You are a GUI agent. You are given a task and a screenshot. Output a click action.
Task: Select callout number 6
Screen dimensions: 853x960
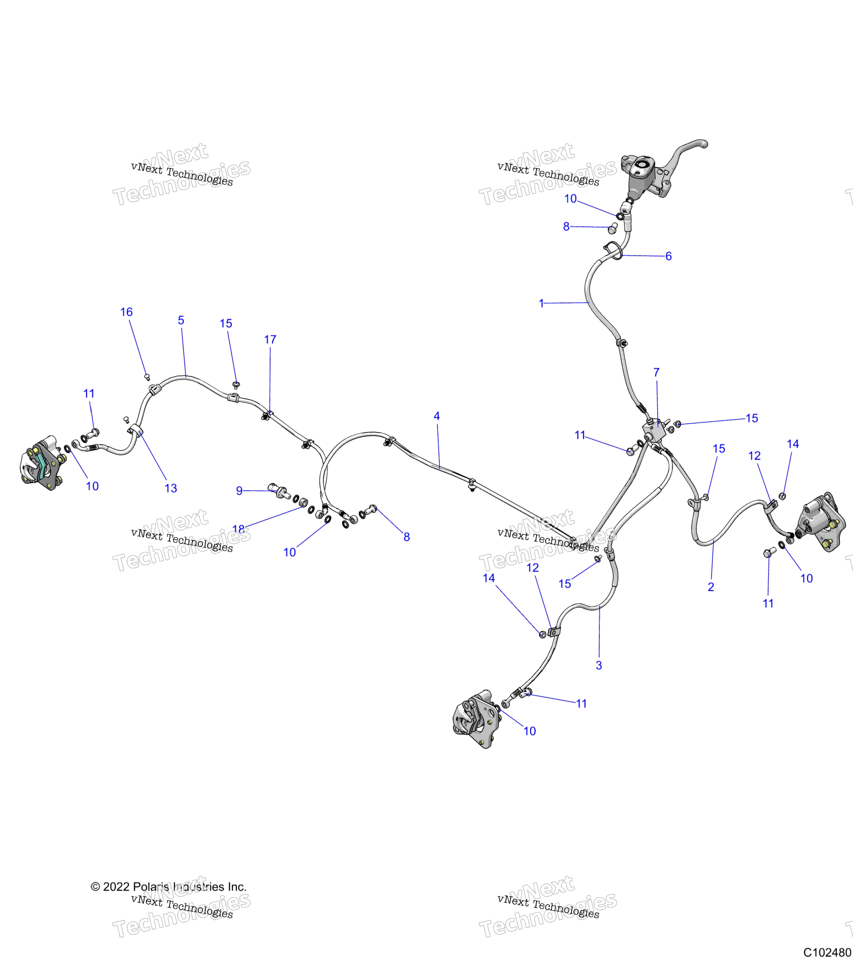[669, 256]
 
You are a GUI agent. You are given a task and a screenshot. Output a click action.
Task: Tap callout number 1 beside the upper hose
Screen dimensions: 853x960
[541, 303]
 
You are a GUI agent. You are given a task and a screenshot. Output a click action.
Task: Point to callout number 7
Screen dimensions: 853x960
[656, 372]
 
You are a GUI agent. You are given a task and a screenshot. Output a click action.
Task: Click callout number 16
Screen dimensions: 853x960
[126, 312]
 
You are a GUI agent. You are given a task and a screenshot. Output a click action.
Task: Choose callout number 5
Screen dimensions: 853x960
[181, 320]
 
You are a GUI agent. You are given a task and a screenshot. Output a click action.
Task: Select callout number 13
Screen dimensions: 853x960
[171, 488]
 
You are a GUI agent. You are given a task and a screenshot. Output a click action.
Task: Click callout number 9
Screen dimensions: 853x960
[239, 491]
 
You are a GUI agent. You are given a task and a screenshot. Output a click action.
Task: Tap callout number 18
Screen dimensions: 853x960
[238, 529]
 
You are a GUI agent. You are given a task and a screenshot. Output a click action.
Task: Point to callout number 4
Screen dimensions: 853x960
[436, 416]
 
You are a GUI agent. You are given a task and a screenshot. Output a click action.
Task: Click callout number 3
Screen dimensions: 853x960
[599, 665]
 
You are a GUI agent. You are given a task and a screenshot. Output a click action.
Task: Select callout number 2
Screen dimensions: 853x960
[711, 587]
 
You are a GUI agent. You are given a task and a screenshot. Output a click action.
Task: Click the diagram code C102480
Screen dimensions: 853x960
[828, 952]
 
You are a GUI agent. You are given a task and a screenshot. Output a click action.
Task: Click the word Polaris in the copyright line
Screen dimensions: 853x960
[151, 887]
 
